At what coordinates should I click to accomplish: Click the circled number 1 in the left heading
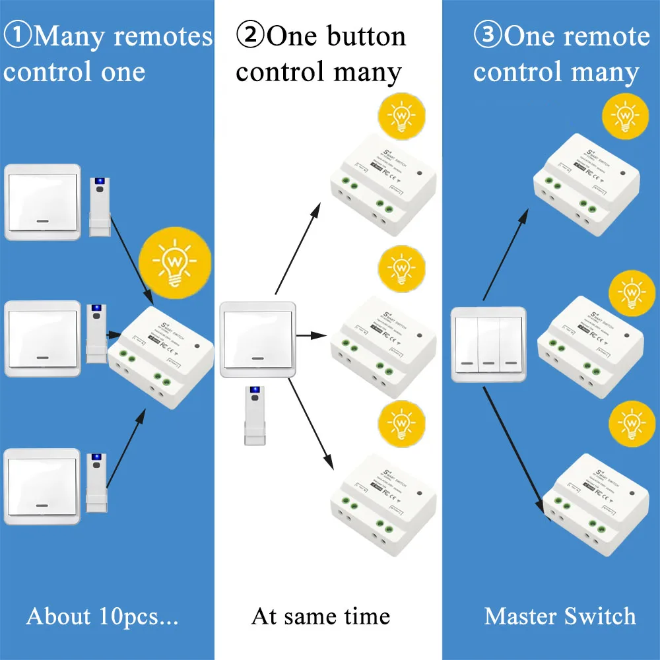(x=18, y=36)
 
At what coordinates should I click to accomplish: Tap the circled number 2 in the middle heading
(x=250, y=36)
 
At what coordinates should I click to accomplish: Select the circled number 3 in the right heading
(x=489, y=35)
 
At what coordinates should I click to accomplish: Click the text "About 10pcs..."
(x=102, y=616)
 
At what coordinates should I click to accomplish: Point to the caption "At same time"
(x=321, y=616)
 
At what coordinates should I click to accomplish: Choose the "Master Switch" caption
(x=560, y=616)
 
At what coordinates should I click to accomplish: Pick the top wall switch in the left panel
(x=43, y=202)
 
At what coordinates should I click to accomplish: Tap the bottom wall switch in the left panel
(x=43, y=486)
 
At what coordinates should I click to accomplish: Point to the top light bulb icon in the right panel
(x=624, y=117)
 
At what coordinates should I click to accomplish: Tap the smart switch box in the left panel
(x=161, y=356)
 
